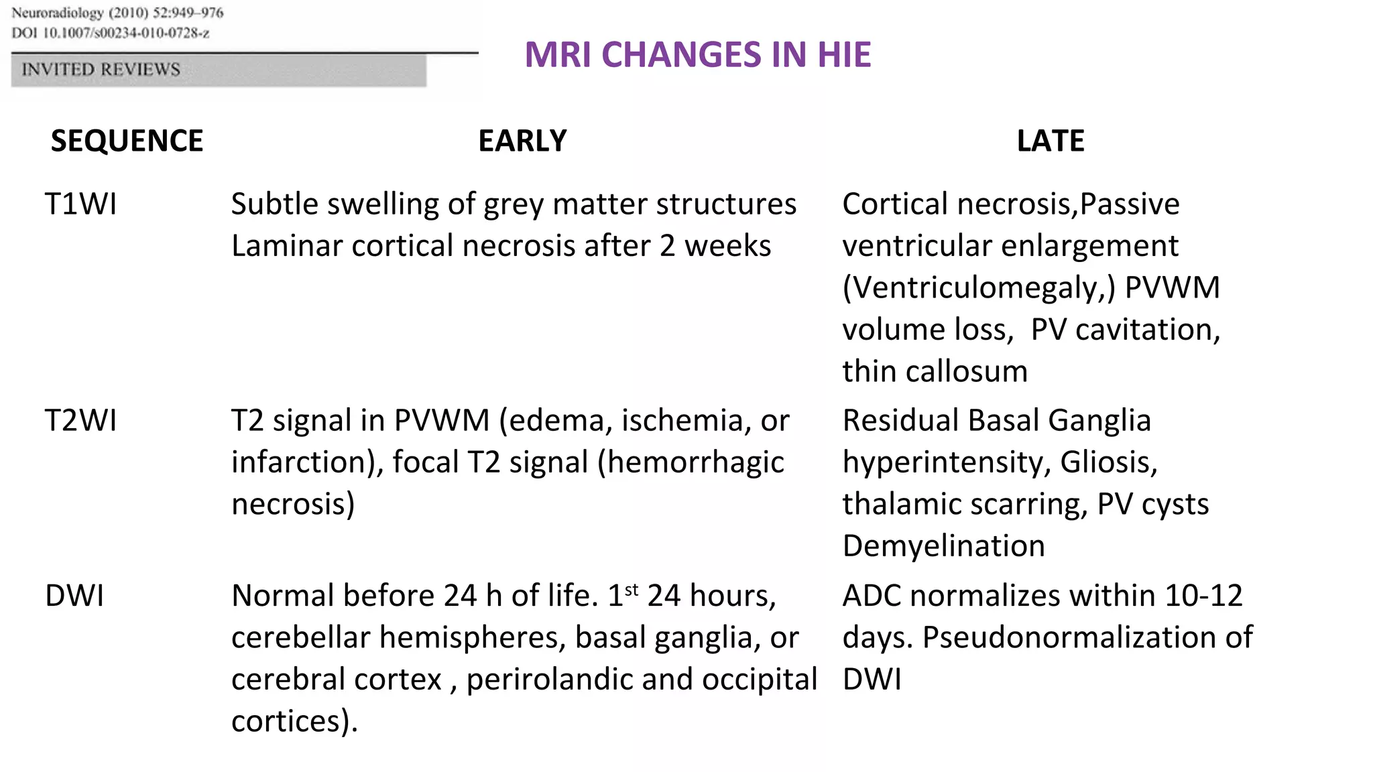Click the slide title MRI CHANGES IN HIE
(697, 54)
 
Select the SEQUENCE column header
(127, 141)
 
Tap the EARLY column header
(522, 141)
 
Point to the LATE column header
(1050, 141)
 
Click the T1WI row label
(80, 204)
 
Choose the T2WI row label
(80, 421)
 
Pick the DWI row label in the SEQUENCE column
(74, 596)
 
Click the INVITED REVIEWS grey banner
(218, 70)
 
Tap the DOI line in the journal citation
(111, 33)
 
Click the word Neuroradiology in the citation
(57, 13)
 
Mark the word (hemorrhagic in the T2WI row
(691, 462)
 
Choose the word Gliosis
(1109, 462)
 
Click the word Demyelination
(943, 546)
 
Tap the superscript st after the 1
(632, 589)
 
